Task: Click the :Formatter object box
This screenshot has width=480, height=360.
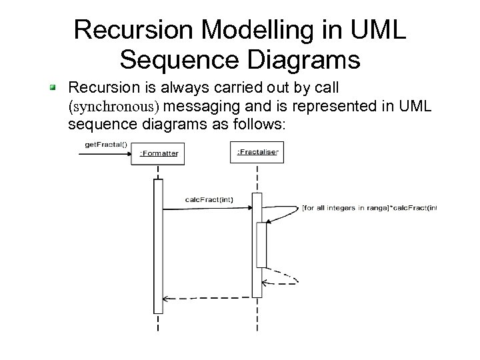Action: (158, 153)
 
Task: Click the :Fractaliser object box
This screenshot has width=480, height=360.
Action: (257, 153)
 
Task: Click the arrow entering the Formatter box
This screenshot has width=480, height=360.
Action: (107, 154)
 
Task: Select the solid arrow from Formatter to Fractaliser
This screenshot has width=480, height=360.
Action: (207, 208)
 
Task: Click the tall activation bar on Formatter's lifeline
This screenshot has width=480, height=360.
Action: (158, 247)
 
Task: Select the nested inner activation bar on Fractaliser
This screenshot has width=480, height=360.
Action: (261, 244)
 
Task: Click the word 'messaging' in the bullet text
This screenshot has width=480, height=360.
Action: (207, 107)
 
